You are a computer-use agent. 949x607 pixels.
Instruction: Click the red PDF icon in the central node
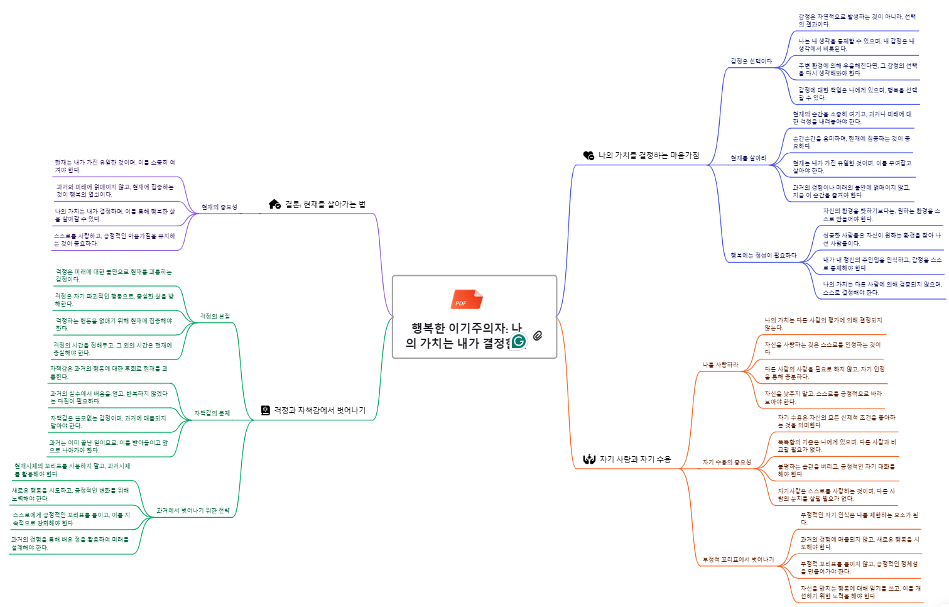[x=466, y=299]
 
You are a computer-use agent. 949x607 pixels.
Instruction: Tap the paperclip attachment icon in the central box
[x=538, y=336]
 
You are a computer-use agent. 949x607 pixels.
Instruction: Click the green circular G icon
[x=519, y=341]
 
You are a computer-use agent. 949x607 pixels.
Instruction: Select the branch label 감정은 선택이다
[x=751, y=62]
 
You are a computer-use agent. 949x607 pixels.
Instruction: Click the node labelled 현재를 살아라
[x=748, y=158]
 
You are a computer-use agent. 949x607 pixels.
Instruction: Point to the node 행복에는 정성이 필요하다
[x=763, y=256]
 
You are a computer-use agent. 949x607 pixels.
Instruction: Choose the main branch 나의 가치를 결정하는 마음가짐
[x=648, y=155]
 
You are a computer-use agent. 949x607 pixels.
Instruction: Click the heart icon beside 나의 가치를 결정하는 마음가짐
[x=588, y=155]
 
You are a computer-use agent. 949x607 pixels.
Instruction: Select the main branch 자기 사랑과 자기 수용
[x=635, y=459]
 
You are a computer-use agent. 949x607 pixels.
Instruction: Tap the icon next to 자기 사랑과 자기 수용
[x=588, y=459]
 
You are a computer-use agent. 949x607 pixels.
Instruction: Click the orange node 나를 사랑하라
[x=720, y=365]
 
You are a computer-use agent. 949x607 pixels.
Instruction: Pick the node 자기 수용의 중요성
[x=727, y=462]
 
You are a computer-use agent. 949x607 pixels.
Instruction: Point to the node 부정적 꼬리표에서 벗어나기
[x=738, y=560]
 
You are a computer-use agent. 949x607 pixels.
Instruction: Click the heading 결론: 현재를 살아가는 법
[x=325, y=204]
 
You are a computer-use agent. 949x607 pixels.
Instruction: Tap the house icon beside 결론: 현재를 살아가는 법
[x=274, y=204]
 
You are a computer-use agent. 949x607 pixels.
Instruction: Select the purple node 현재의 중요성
[x=219, y=207]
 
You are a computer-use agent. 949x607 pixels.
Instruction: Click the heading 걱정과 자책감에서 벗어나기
[x=319, y=410]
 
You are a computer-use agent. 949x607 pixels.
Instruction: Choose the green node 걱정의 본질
[x=215, y=317]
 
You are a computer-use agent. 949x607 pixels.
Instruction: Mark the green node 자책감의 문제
[x=212, y=413]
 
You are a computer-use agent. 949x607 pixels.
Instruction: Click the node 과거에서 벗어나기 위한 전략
[x=193, y=511]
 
